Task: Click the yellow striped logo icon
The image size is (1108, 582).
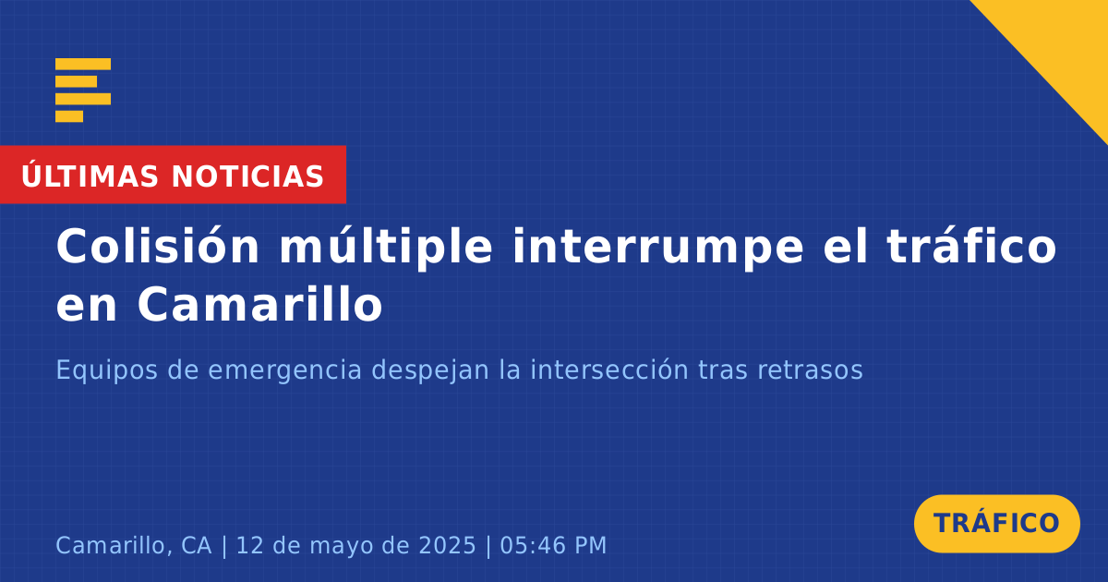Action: (x=83, y=91)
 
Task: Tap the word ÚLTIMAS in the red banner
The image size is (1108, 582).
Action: (x=90, y=175)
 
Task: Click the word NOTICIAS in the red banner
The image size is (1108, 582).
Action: (x=247, y=176)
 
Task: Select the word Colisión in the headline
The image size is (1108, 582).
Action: (x=157, y=246)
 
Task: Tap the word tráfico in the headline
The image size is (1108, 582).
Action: (x=971, y=246)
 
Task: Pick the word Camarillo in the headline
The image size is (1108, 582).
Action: (x=259, y=303)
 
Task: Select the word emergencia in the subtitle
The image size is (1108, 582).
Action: (x=285, y=370)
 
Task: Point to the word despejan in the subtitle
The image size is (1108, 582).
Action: (x=430, y=370)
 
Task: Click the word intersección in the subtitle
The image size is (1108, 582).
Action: (x=609, y=370)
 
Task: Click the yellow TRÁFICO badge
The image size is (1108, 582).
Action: (x=996, y=523)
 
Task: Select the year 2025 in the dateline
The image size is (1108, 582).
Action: (x=447, y=545)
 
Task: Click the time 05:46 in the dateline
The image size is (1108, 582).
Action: (x=534, y=545)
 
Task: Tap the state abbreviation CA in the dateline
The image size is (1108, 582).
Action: (x=197, y=545)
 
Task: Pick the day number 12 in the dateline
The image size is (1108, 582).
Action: (x=250, y=545)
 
